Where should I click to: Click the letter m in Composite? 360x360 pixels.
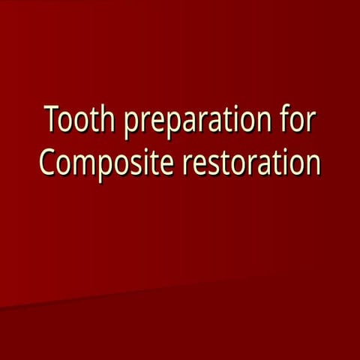point(82,164)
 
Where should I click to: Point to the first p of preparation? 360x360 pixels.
point(130,124)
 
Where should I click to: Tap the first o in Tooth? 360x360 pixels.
point(66,122)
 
